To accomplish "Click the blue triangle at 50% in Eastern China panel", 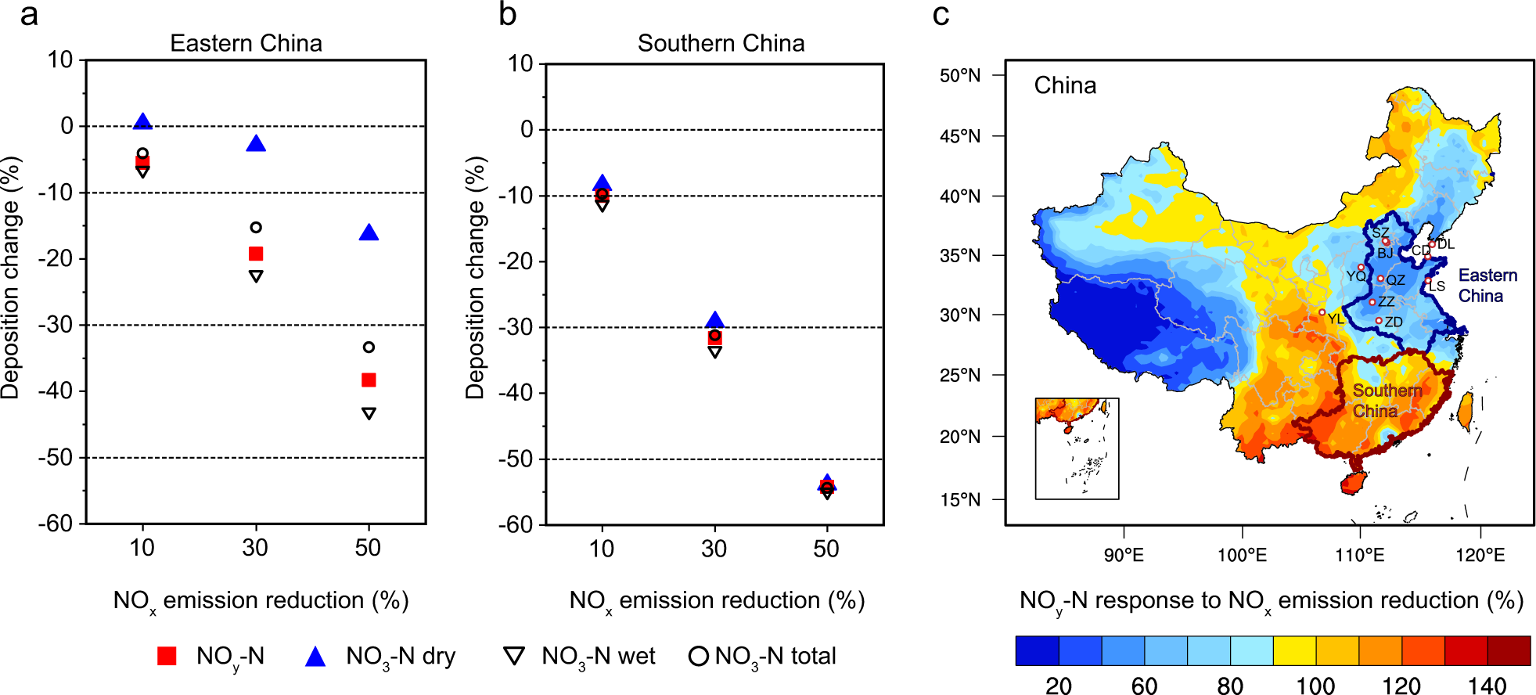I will point(369,233).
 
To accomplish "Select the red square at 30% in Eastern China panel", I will point(256,254).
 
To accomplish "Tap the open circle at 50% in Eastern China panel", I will point(369,347).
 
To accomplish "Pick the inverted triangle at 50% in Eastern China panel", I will point(369,413).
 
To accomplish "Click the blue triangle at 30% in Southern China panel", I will point(714,320).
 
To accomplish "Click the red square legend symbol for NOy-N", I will point(167,656).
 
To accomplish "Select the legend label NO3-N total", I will point(775,656).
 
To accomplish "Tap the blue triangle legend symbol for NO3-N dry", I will point(315,657).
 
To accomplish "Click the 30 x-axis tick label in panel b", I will point(714,549).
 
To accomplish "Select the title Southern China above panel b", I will point(721,43).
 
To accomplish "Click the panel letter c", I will point(941,15).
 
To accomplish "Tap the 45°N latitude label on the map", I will point(959,136).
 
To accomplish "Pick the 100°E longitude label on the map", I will point(1242,556).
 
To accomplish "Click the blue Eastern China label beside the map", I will point(1487,286).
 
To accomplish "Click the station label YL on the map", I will point(1335,319).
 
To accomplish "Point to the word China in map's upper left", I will point(1065,85).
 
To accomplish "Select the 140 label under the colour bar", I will point(1487,686).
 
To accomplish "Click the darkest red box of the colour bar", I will point(1509,650).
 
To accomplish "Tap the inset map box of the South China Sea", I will point(1077,448).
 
